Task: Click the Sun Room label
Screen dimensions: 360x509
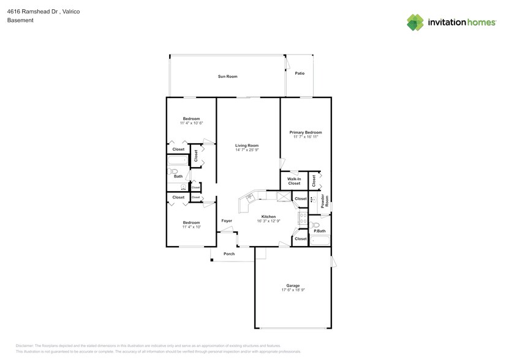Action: pyautogui.click(x=227, y=77)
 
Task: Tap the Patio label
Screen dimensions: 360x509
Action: pyautogui.click(x=300, y=73)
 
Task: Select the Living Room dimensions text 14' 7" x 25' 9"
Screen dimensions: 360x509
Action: pyautogui.click(x=247, y=150)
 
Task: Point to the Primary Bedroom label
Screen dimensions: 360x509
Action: pyautogui.click(x=306, y=132)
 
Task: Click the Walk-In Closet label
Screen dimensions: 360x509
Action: pyautogui.click(x=294, y=181)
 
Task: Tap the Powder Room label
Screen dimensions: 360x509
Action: pyautogui.click(x=326, y=200)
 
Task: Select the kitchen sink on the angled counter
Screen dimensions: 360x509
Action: pyautogui.click(x=251, y=197)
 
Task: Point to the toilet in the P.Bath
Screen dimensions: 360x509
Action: pyautogui.click(x=315, y=225)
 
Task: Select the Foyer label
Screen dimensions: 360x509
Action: pyautogui.click(x=227, y=220)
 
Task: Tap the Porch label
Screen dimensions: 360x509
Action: pyautogui.click(x=229, y=253)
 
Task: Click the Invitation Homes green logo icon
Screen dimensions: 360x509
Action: pyautogui.click(x=416, y=22)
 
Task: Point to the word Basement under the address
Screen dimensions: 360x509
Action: pyautogui.click(x=20, y=20)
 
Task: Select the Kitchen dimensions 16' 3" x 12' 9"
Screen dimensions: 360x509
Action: pyautogui.click(x=268, y=221)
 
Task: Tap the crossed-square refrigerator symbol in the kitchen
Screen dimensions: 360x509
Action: pyautogui.click(x=282, y=197)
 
